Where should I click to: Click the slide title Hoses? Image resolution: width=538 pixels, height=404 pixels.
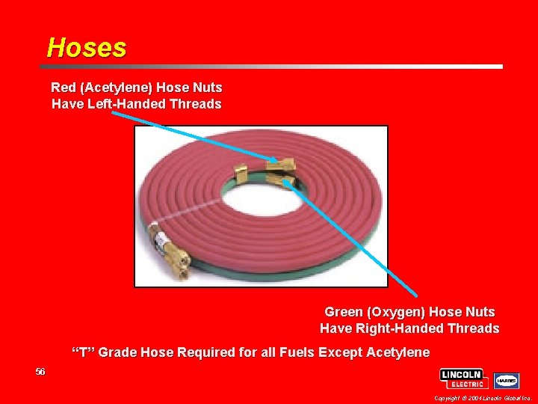[x=87, y=48]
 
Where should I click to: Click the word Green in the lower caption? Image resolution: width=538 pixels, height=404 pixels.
[x=344, y=311]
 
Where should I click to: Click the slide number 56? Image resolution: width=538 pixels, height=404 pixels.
[x=40, y=372]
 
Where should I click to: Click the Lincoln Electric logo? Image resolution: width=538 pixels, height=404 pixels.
[x=464, y=379]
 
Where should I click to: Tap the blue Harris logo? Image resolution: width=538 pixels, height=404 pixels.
[x=506, y=380]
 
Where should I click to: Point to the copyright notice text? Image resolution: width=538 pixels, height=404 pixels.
[x=482, y=399]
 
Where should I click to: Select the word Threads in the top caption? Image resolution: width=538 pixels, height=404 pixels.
[x=196, y=104]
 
